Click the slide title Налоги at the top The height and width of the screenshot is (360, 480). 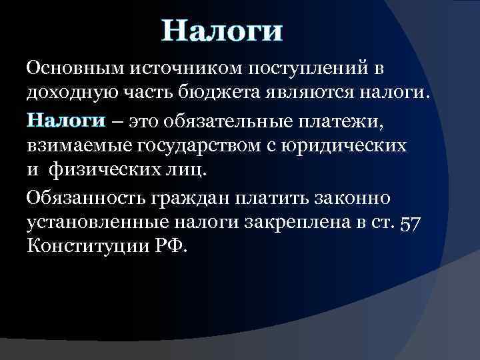click(223, 31)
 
